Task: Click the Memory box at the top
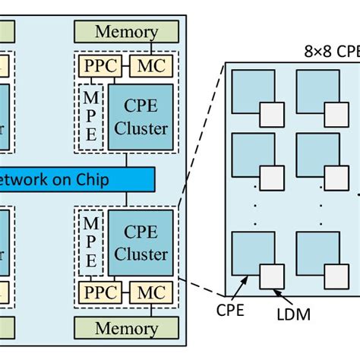click(126, 32)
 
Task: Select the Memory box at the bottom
click(126, 328)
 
